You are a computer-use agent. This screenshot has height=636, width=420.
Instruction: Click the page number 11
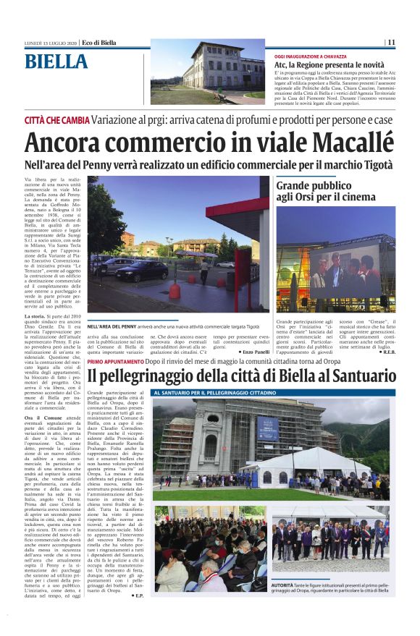click(391, 42)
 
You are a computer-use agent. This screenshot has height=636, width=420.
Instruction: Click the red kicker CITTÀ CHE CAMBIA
click(57, 119)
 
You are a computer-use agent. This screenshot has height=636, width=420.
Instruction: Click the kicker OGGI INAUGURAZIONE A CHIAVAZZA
click(311, 56)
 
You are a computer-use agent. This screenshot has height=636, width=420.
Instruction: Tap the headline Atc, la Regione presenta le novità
click(319, 65)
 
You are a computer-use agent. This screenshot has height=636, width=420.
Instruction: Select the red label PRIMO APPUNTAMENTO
click(114, 361)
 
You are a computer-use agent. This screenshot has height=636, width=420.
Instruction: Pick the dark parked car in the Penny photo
click(142, 271)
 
